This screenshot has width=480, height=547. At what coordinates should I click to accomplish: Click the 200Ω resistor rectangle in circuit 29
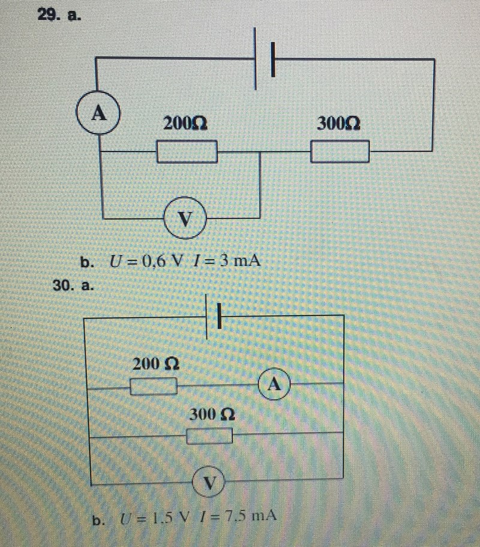point(187,152)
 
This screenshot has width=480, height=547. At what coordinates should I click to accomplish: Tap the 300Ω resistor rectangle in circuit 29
point(340,152)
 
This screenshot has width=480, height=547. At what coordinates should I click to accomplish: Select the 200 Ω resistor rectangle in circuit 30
point(154,387)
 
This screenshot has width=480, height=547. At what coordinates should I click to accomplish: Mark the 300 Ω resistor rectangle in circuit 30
point(209,436)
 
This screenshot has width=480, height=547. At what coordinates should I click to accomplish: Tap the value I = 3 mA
point(227,262)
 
